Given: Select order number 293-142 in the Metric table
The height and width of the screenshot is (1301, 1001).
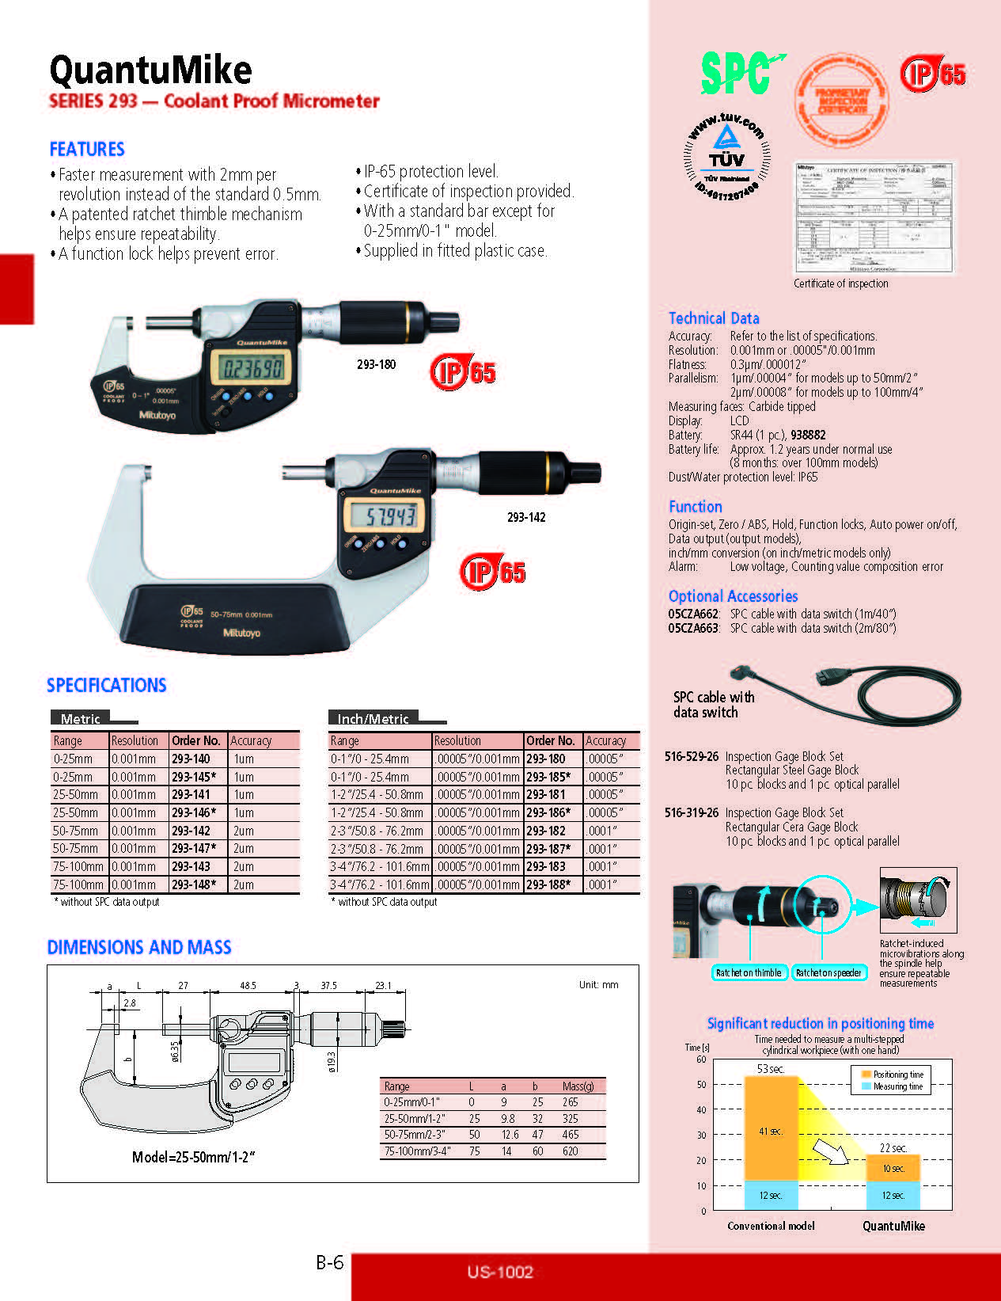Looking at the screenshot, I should click(191, 831).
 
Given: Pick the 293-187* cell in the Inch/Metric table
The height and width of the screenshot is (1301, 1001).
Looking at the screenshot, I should click(548, 848).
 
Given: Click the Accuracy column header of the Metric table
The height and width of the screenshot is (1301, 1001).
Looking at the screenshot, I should click(251, 740).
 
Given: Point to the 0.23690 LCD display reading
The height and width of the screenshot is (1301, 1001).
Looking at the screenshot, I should click(252, 368).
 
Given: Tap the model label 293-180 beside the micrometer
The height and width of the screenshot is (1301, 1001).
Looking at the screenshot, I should click(376, 364).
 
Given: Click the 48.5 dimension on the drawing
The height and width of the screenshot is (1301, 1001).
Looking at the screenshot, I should click(248, 986).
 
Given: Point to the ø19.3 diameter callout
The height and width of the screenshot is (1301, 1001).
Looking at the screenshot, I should click(332, 1061).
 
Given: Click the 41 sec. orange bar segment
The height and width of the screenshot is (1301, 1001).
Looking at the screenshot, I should click(771, 1131).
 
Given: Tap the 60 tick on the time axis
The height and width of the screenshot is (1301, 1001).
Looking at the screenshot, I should click(701, 1059).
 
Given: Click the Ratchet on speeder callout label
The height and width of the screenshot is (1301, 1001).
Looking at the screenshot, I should click(828, 972).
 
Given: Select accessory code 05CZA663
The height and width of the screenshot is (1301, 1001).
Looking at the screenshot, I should click(693, 628).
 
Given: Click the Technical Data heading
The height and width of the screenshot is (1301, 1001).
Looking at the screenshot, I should click(714, 318).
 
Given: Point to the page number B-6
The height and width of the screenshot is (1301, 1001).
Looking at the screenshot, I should click(329, 1262).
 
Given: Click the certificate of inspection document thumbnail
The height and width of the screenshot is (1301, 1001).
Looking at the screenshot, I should click(874, 218).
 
